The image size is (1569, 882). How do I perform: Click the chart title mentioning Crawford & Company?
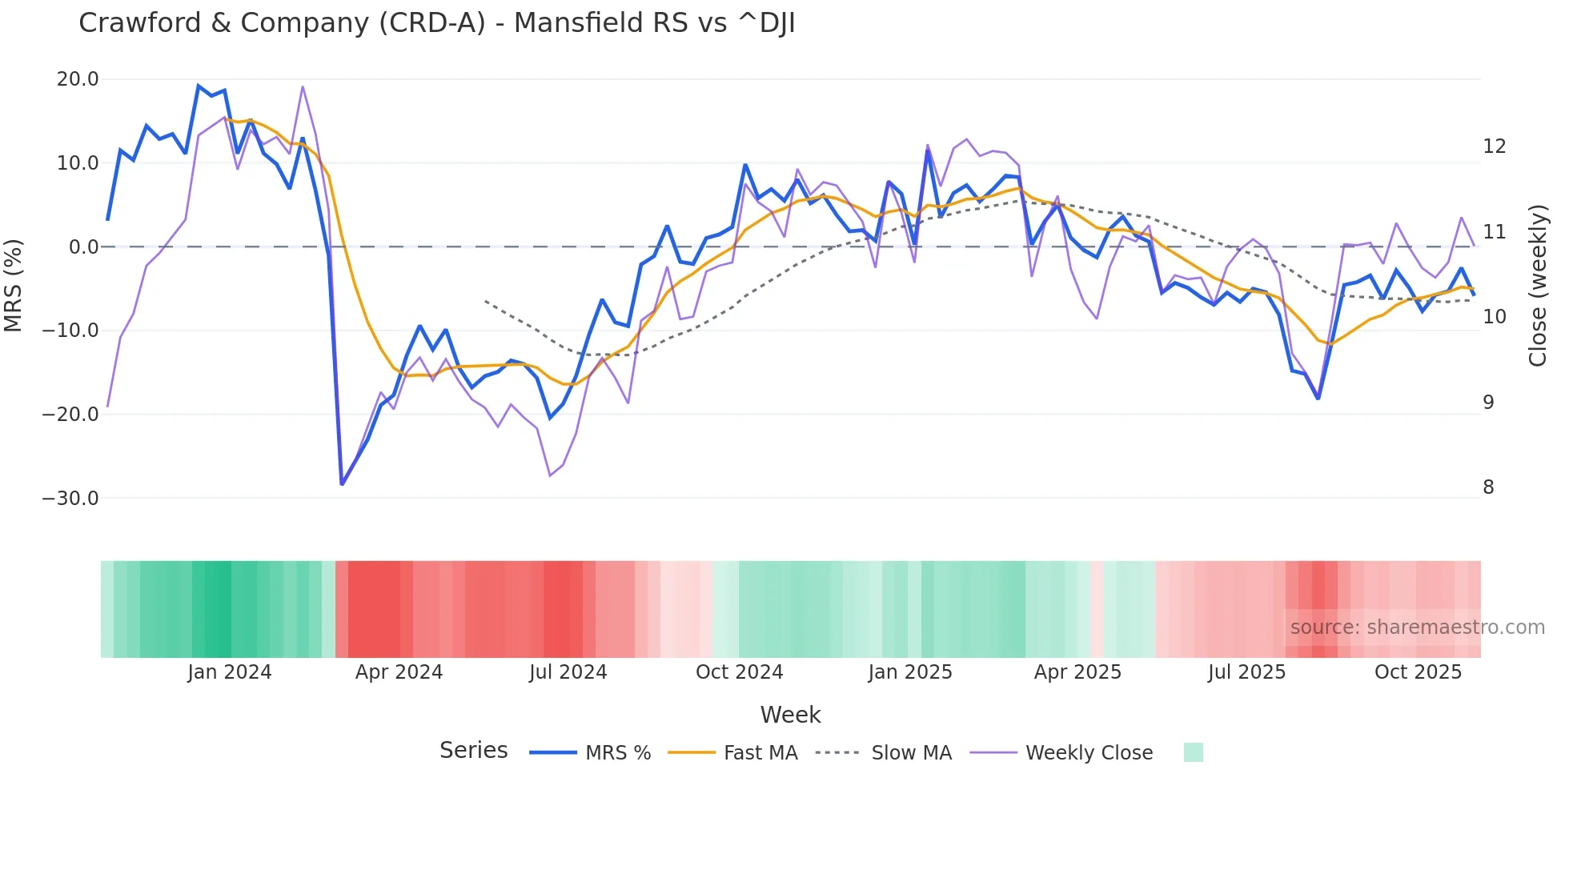click(437, 23)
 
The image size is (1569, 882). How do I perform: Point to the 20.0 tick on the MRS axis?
click(78, 79)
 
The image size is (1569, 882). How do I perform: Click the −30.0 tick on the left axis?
click(70, 498)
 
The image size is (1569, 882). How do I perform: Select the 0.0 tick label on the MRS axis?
click(83, 247)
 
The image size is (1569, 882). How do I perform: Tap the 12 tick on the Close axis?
click(1494, 146)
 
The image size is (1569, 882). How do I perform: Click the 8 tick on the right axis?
click(1488, 487)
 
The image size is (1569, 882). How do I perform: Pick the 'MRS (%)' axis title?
click(14, 286)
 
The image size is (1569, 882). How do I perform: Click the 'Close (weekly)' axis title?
click(1537, 286)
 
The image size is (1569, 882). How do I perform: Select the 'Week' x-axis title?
click(790, 715)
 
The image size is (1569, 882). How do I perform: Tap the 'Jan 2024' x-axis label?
click(230, 672)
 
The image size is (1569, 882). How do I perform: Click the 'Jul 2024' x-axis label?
click(568, 672)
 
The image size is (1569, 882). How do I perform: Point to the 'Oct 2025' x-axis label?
click(1418, 672)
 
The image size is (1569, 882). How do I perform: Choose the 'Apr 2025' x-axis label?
click(1077, 672)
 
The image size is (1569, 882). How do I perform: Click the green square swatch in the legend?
click(1193, 752)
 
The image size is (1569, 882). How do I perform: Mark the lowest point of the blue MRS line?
click(342, 483)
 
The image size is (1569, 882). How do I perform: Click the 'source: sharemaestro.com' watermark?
click(1417, 627)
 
